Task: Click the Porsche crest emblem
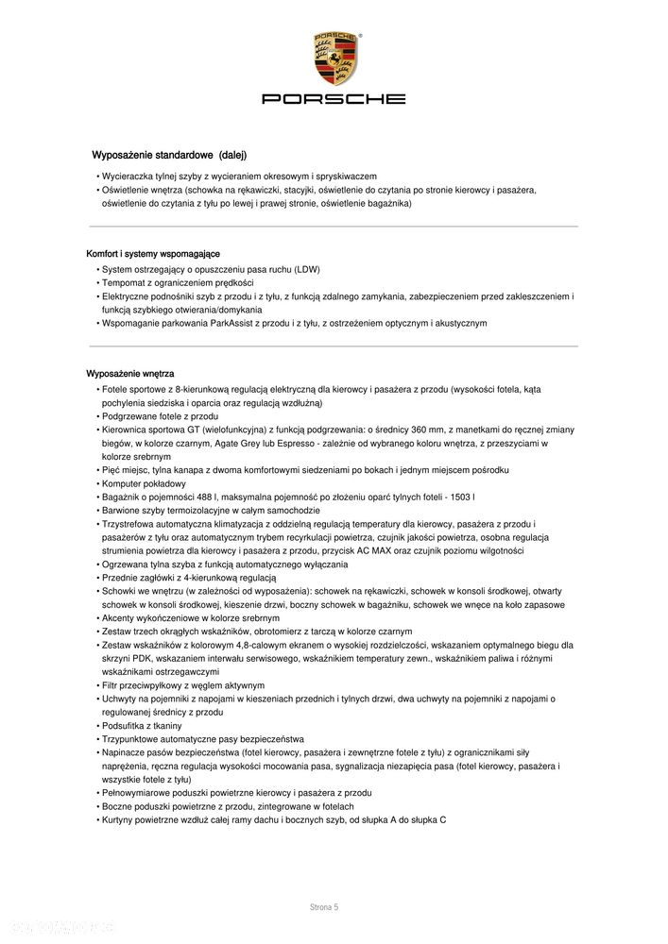(x=334, y=59)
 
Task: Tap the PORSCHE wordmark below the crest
(x=334, y=98)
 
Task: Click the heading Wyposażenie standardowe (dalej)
(x=168, y=155)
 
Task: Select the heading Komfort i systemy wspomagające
(x=153, y=254)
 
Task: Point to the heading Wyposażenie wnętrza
(x=130, y=375)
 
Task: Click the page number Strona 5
(x=324, y=907)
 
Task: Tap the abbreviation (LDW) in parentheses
(x=307, y=269)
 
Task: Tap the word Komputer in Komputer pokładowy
(x=123, y=483)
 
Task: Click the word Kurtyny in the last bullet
(x=120, y=820)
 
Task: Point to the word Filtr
(x=111, y=684)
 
